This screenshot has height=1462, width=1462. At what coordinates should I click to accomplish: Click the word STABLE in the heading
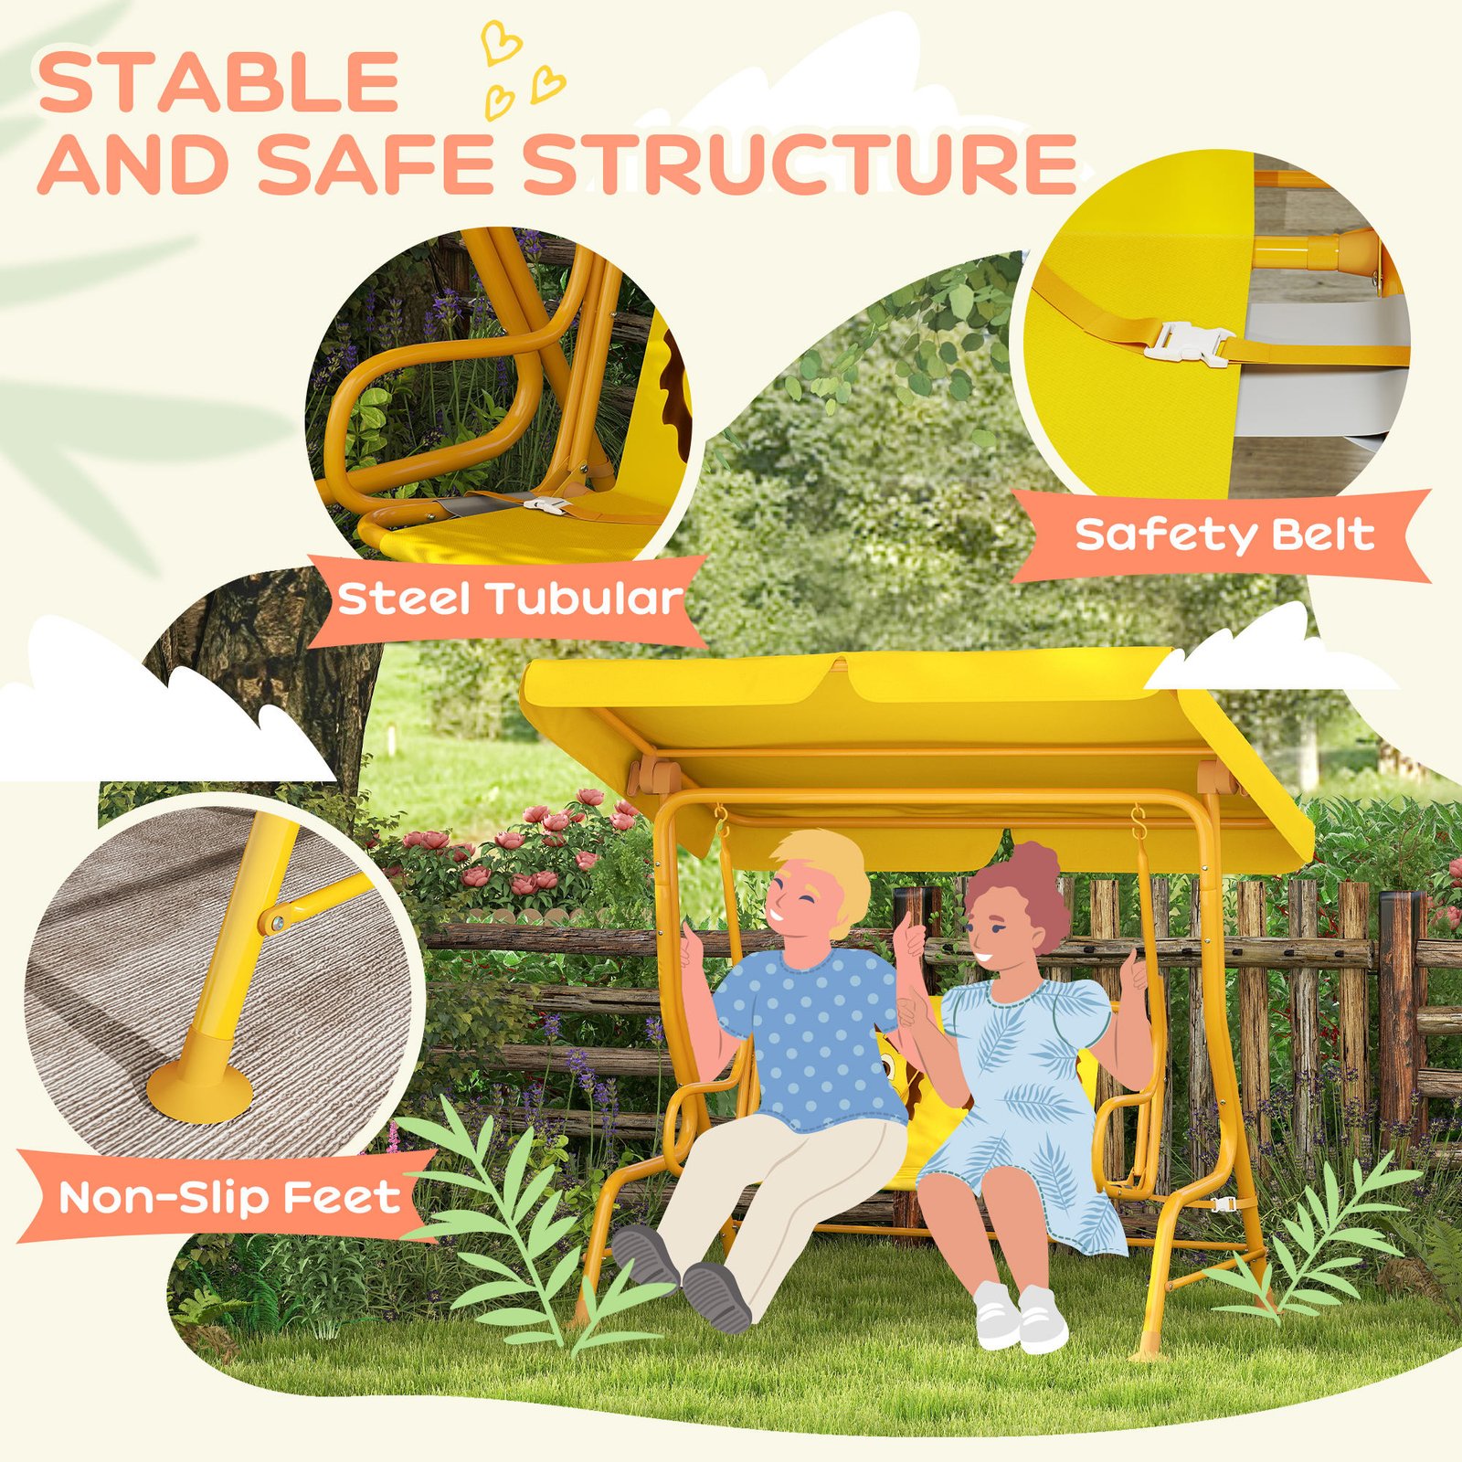[x=218, y=82]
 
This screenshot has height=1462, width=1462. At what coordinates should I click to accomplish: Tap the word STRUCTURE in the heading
[x=800, y=164]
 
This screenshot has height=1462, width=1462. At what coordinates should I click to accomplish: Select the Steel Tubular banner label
[x=510, y=599]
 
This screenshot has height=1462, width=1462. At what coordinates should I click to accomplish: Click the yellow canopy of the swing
[x=914, y=731]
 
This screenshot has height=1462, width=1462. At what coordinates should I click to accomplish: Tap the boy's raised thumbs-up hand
[x=692, y=945]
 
